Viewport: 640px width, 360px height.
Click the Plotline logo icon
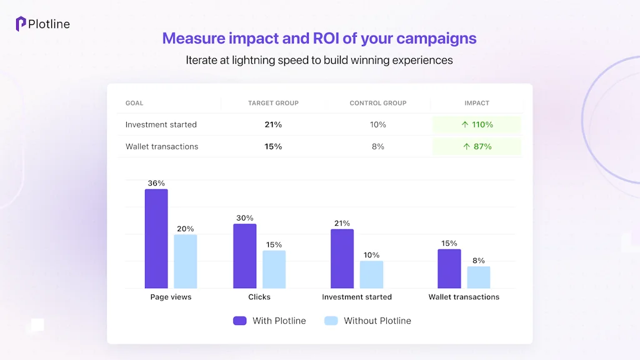[x=21, y=24]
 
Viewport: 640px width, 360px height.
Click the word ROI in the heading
[x=326, y=38]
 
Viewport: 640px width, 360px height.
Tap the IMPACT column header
[x=476, y=103]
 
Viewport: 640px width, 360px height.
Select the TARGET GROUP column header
[x=273, y=103]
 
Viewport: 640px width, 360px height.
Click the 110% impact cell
[x=476, y=124]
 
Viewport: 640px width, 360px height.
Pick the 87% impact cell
[x=476, y=146]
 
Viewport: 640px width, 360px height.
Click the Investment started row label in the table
[x=161, y=124]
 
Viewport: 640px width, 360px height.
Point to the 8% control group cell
[x=377, y=146]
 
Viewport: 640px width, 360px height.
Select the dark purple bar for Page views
[x=156, y=239]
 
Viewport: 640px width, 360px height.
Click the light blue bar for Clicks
[x=274, y=269]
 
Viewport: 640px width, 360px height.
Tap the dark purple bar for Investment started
[x=342, y=259]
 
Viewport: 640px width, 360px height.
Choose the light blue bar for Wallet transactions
[x=479, y=277]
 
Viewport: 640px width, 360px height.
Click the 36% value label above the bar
[x=156, y=183]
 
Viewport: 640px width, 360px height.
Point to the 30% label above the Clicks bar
[x=245, y=218]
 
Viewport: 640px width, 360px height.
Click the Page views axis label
[x=171, y=297]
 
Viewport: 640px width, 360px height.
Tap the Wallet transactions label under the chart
[x=464, y=297]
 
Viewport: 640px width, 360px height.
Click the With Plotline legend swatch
[x=240, y=321]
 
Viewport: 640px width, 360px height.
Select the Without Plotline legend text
[x=377, y=321]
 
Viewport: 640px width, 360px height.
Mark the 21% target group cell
[x=273, y=124]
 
